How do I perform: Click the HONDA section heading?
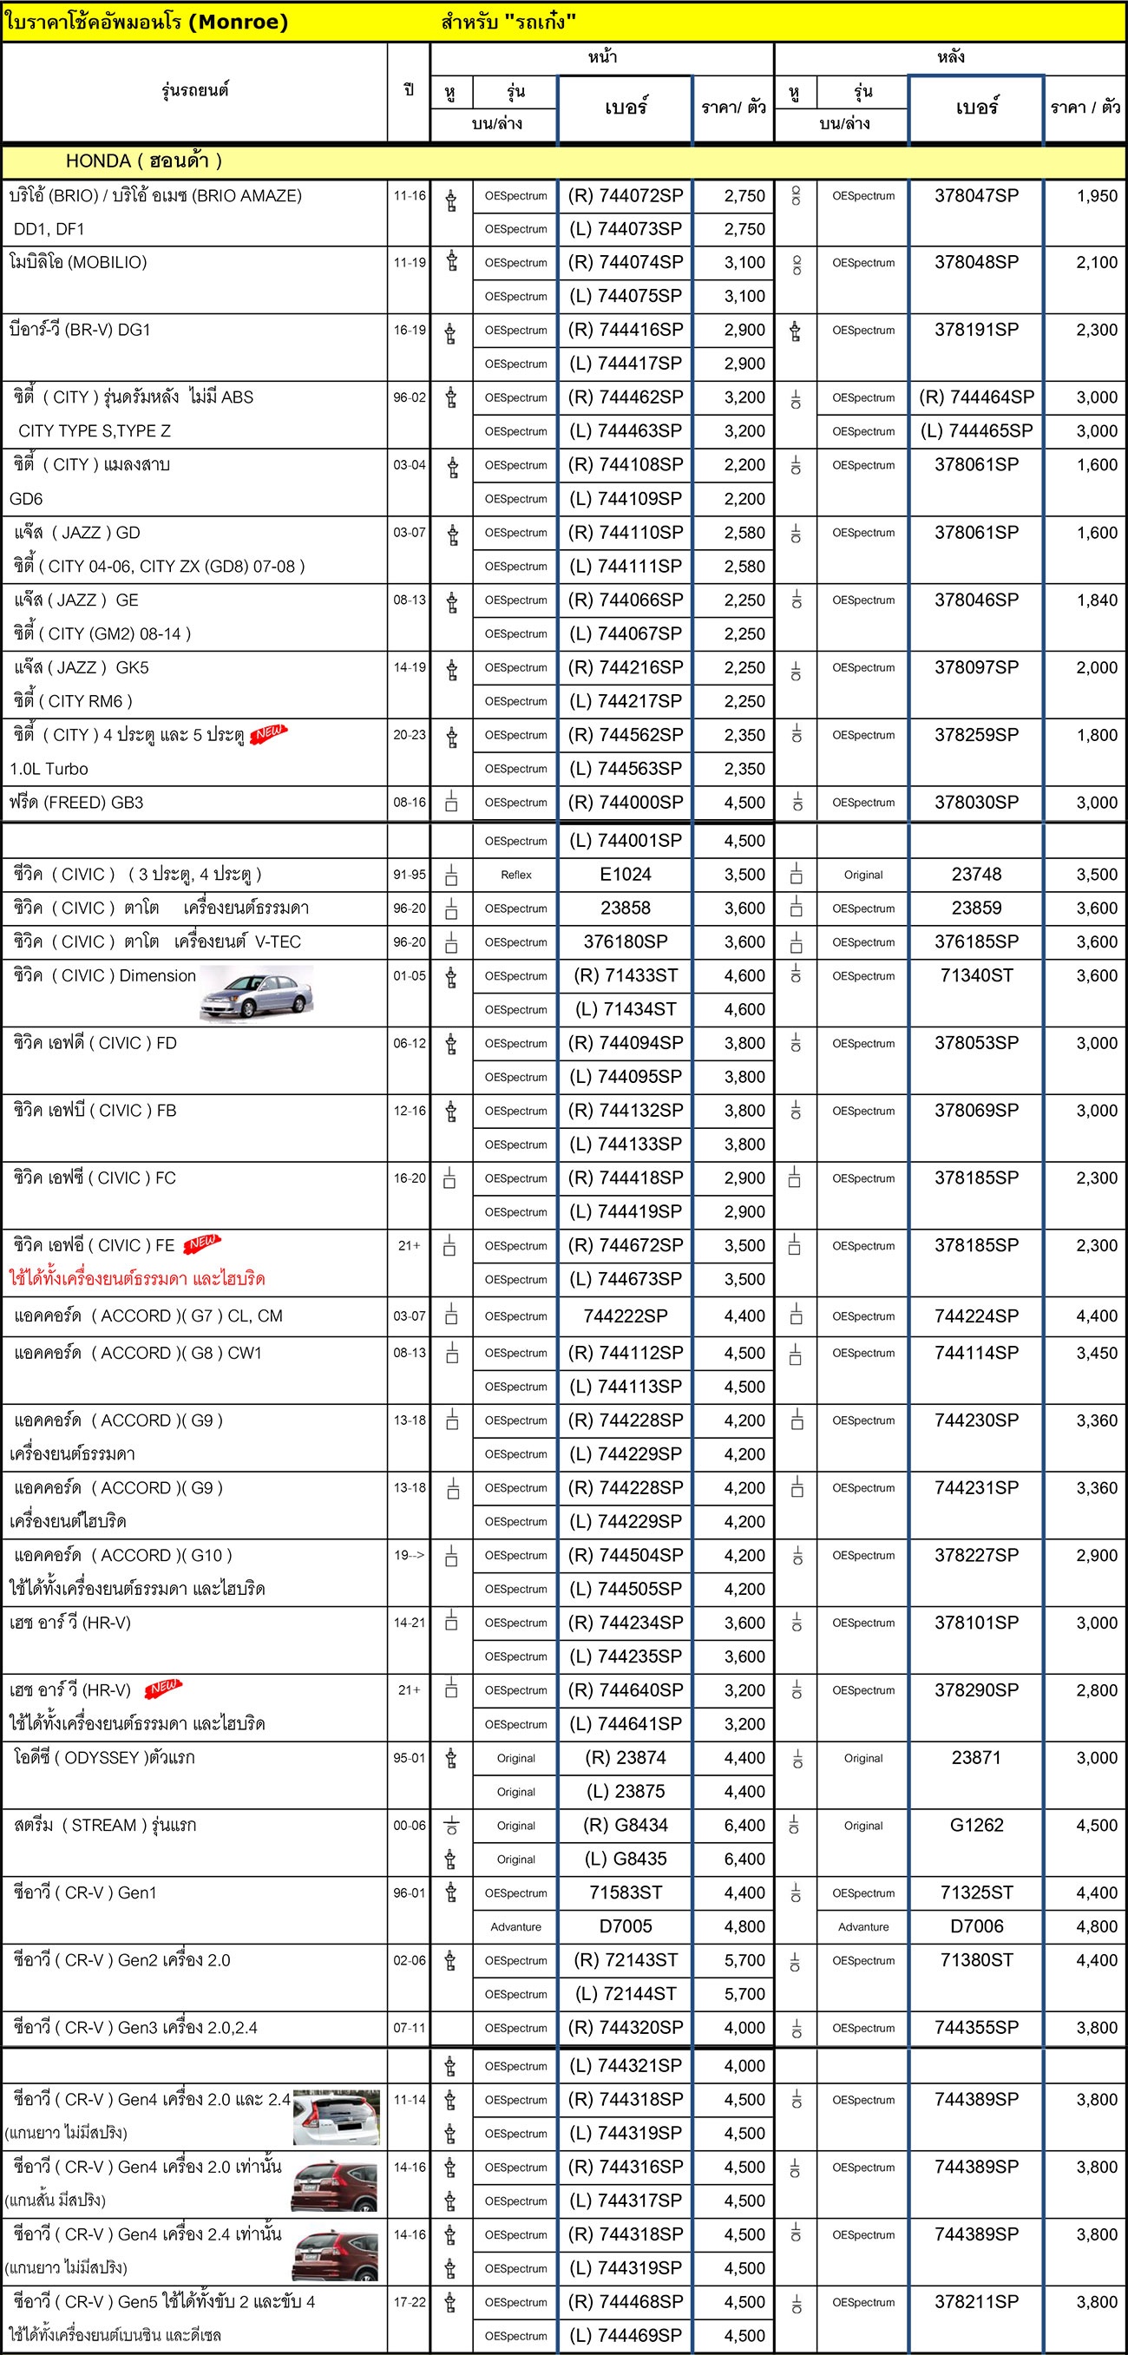(x=143, y=161)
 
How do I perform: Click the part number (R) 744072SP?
(x=626, y=195)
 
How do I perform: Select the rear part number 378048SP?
(x=975, y=262)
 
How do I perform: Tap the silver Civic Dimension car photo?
(x=257, y=993)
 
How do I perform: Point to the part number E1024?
(x=626, y=874)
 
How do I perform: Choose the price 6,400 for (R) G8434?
(x=744, y=1825)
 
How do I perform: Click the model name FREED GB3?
(x=76, y=803)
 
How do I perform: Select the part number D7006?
(x=975, y=1926)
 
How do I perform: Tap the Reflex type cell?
(x=515, y=875)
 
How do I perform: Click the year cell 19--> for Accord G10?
(x=409, y=1555)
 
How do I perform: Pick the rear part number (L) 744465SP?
(x=975, y=430)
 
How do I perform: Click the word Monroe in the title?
(x=238, y=22)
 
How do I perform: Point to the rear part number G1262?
(x=975, y=1825)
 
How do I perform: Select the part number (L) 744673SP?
(x=626, y=1279)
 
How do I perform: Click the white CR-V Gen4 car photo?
(x=336, y=2117)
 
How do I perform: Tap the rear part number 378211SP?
(x=975, y=2302)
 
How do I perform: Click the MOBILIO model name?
(x=78, y=262)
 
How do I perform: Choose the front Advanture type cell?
(x=515, y=1927)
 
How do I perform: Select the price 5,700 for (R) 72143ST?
(x=744, y=1960)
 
